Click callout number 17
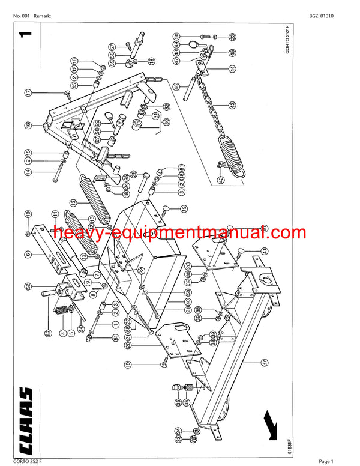click(x=28, y=92)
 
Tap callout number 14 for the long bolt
click(x=28, y=172)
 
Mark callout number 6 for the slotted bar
click(x=28, y=255)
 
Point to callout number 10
click(x=28, y=214)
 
